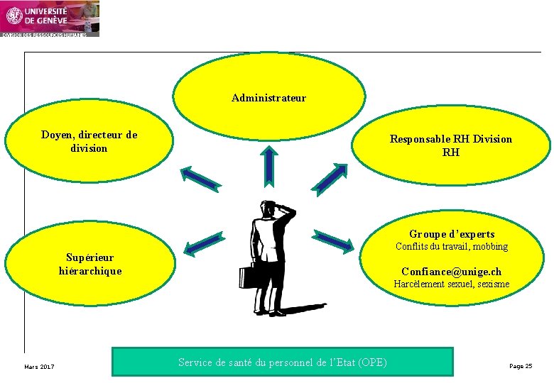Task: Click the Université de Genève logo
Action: tap(50, 18)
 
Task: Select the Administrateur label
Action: tap(268, 98)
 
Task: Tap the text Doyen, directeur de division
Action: tap(89, 142)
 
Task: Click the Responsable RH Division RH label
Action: tap(450, 145)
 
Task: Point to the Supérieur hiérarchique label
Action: tap(89, 264)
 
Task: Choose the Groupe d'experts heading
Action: tap(452, 234)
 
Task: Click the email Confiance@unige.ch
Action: tap(451, 272)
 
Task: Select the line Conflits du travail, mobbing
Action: tap(452, 247)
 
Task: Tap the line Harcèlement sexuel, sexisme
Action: tap(452, 284)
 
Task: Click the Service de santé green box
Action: tap(282, 362)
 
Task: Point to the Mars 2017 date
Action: tap(39, 367)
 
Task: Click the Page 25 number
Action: tap(521, 366)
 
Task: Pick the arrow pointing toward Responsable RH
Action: tap(330, 178)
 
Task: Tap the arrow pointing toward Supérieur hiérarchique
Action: tap(204, 243)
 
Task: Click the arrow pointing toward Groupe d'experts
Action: tap(333, 241)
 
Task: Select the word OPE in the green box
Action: tap(373, 362)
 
